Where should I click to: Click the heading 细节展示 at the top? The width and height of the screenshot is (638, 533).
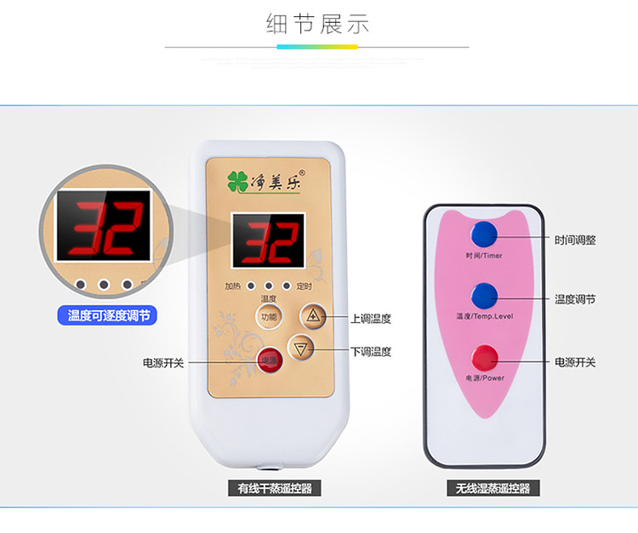pyautogui.click(x=318, y=24)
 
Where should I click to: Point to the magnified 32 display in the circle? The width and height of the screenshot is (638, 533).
pyautogui.click(x=104, y=225)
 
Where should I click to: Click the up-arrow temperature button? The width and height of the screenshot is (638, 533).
pyautogui.click(x=313, y=317)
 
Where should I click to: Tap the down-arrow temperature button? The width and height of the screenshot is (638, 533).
pyautogui.click(x=301, y=349)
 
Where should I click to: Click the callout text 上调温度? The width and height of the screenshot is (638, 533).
pyautogui.click(x=371, y=319)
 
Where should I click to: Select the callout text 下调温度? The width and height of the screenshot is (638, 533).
pyautogui.click(x=371, y=351)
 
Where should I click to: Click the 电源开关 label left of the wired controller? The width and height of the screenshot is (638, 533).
pyautogui.click(x=163, y=362)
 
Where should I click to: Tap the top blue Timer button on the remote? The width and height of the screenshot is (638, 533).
pyautogui.click(x=485, y=234)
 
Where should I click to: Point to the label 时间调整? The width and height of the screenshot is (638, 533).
pyautogui.click(x=575, y=241)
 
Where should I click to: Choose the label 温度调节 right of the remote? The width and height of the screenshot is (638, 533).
pyautogui.click(x=575, y=299)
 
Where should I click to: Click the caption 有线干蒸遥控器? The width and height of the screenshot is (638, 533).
pyautogui.click(x=268, y=489)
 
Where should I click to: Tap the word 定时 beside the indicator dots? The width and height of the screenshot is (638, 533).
pyautogui.click(x=304, y=286)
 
